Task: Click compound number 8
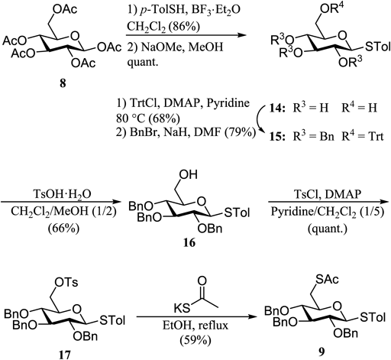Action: point(63,83)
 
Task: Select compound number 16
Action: point(189,242)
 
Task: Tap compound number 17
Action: point(65,354)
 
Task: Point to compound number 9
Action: point(322,352)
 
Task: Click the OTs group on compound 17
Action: point(66,282)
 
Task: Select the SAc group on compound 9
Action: point(327,279)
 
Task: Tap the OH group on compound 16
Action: point(188,174)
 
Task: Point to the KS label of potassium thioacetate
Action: point(182,309)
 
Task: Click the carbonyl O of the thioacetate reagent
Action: point(202,281)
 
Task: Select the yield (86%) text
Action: point(183,26)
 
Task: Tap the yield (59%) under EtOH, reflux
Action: point(195,340)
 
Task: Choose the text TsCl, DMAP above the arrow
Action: point(328,194)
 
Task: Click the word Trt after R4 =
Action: point(375,137)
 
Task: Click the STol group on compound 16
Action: point(237,212)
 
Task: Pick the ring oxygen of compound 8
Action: point(75,36)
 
